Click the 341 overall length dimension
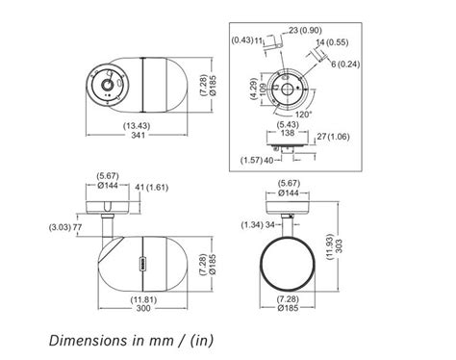[x=138, y=135]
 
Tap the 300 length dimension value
[x=143, y=308]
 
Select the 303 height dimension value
[x=339, y=246]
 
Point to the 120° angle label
[x=303, y=115]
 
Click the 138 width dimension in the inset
[x=287, y=133]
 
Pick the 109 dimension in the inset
[x=263, y=90]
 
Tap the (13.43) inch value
[x=137, y=126]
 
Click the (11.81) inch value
[x=143, y=300]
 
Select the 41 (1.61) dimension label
[x=151, y=187]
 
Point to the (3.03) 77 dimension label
[x=65, y=227]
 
